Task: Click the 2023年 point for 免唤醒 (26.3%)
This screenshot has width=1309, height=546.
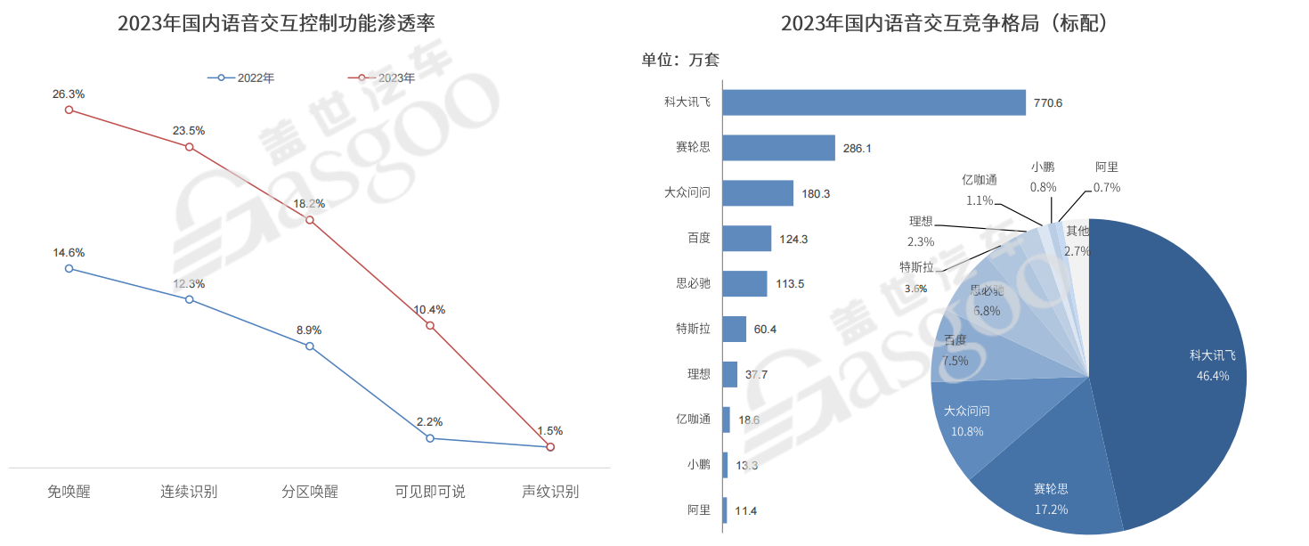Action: [69, 110]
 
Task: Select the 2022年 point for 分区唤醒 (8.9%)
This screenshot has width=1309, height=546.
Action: [310, 346]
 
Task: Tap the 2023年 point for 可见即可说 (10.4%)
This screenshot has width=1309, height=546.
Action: [430, 325]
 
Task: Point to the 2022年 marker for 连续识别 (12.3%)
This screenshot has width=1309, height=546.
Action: [190, 299]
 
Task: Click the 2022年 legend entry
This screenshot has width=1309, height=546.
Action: [241, 78]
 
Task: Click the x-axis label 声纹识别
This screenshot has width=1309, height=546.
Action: [549, 492]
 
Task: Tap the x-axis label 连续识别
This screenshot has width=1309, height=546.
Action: [189, 492]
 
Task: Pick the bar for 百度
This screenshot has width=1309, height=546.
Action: [747, 238]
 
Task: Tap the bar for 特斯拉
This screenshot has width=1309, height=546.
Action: [735, 329]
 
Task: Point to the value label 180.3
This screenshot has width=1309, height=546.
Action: [816, 193]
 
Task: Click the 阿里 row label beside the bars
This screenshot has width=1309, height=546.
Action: [699, 510]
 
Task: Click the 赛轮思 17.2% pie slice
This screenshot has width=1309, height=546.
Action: [1051, 494]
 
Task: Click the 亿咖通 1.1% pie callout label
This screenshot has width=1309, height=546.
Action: [980, 191]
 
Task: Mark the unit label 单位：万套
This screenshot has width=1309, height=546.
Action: [680, 61]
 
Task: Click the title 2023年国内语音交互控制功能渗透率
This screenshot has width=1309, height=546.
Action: [282, 23]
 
